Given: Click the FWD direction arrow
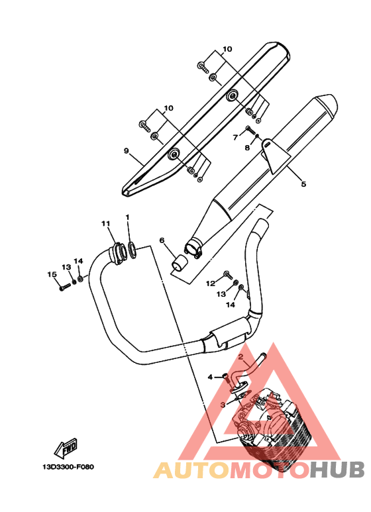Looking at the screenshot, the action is (x=66, y=448).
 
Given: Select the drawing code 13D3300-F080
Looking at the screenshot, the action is (x=68, y=467).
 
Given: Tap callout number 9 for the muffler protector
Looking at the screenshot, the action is (x=127, y=150).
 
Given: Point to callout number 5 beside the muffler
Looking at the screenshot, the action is (x=303, y=184).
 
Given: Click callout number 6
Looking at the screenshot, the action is (x=162, y=240).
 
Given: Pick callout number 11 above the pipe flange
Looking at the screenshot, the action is (x=105, y=224).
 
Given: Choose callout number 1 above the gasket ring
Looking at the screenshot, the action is (x=128, y=217).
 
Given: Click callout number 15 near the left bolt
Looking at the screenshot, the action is (x=52, y=275).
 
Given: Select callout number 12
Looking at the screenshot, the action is (x=211, y=283).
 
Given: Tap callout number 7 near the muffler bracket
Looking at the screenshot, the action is (x=235, y=138).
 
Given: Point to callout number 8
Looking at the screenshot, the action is (x=247, y=148).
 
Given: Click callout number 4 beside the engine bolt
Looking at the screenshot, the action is (x=210, y=378).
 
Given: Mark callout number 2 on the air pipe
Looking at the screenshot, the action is (x=240, y=356).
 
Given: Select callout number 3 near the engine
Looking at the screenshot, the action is (x=223, y=405).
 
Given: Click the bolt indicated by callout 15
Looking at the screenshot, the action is (x=65, y=287).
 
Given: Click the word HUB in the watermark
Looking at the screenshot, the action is (x=337, y=470).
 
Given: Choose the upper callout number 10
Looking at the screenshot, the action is (x=227, y=49).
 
